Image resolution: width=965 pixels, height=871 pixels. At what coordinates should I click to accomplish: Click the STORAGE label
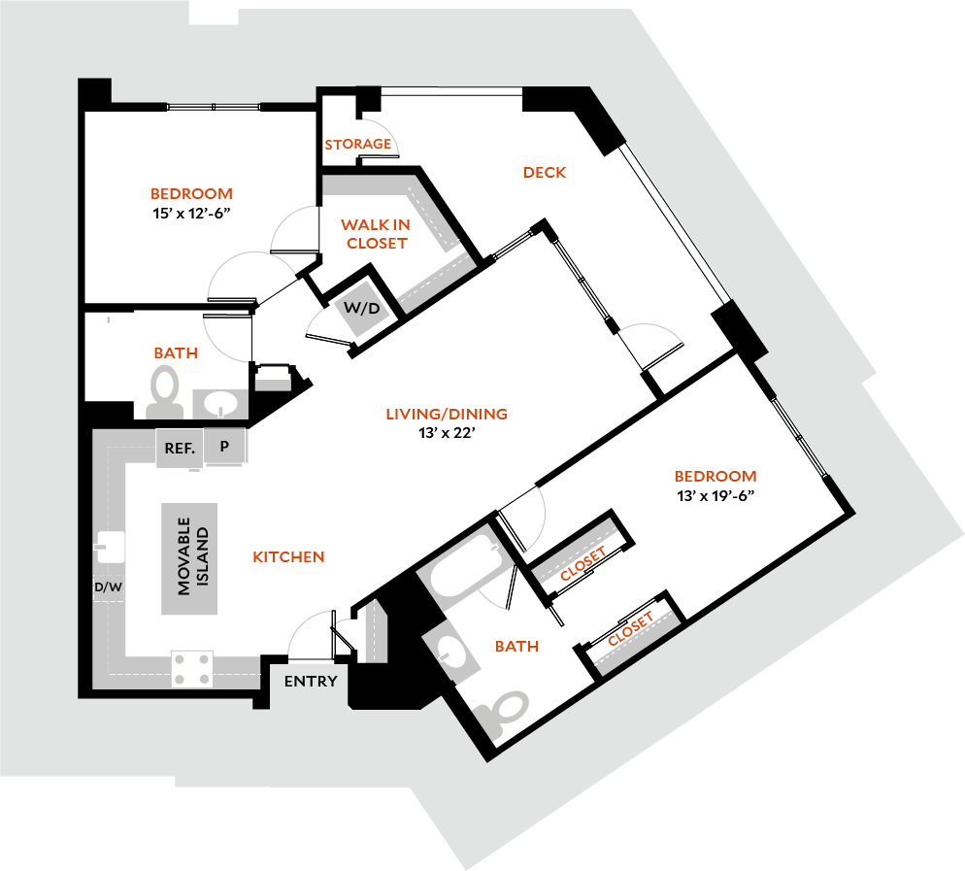[x=358, y=145]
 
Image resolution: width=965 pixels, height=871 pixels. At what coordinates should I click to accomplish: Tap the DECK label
[x=544, y=173]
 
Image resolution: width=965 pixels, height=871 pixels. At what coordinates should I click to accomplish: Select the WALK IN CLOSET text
[x=375, y=234]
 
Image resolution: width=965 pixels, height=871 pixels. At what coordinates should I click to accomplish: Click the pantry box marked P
[x=224, y=447]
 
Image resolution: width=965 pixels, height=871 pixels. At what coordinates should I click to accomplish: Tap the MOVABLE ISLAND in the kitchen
[x=189, y=559]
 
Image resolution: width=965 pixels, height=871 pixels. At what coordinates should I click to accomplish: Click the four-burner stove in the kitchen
[x=191, y=668]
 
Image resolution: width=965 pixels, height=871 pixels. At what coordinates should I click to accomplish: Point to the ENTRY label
[x=311, y=681]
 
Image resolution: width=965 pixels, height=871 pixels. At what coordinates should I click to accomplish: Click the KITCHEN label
[x=288, y=557]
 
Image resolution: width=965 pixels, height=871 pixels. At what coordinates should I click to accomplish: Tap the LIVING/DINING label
[x=447, y=415]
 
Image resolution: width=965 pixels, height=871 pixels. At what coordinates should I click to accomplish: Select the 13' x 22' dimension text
[x=447, y=433]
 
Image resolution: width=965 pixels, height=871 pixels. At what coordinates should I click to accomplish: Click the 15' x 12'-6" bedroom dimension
[x=190, y=213]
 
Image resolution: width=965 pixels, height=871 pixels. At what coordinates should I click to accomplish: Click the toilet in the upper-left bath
[x=165, y=386]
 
